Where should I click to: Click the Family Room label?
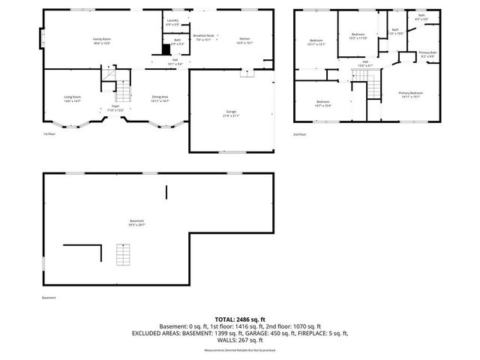[x=102, y=40]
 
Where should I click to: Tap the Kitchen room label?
[x=244, y=40]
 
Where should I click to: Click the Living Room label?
[x=72, y=98]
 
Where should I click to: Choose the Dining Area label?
[x=160, y=98]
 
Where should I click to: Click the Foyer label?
[x=115, y=108]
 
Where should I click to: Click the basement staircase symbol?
[x=123, y=255]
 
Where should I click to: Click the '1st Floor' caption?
[x=49, y=134]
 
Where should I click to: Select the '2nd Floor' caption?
[x=299, y=134]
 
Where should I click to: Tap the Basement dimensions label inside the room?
[x=136, y=222]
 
